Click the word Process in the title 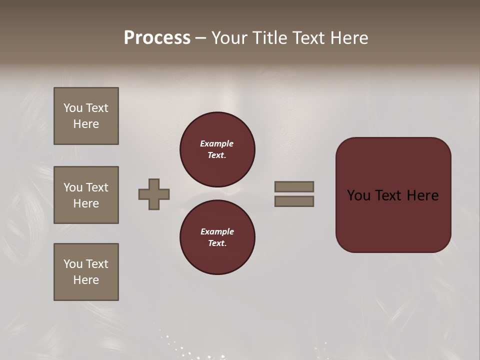click(157, 38)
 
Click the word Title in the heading click(270, 38)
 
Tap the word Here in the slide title click(348, 38)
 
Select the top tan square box click(86, 116)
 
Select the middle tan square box click(86, 195)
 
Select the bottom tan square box click(86, 272)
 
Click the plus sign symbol click(154, 194)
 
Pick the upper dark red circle click(217, 149)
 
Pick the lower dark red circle click(217, 237)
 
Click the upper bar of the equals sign click(294, 186)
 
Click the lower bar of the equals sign click(294, 201)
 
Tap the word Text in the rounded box click(389, 195)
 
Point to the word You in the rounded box click(358, 195)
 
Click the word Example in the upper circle click(217, 143)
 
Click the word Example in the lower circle click(217, 231)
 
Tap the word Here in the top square click(86, 124)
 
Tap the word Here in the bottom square click(86, 280)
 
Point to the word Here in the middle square click(86, 203)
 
